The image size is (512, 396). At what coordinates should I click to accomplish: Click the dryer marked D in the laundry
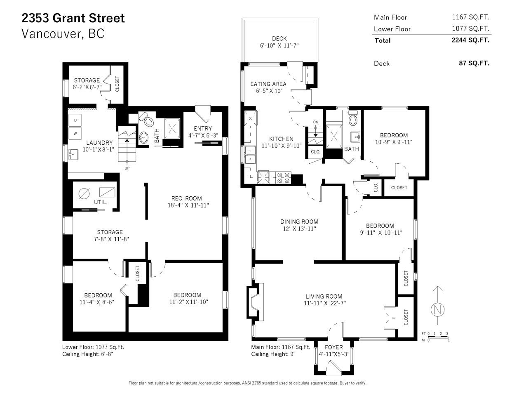click(x=75, y=120)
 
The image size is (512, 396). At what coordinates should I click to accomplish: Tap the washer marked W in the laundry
click(x=75, y=133)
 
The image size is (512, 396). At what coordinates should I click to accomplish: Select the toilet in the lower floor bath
click(x=146, y=119)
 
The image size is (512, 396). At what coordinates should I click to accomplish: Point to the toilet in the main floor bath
click(x=353, y=118)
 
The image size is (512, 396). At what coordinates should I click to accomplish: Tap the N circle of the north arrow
click(x=437, y=310)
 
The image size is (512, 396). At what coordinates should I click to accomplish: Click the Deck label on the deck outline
click(x=279, y=38)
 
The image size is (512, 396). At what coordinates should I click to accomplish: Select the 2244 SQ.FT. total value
click(x=470, y=40)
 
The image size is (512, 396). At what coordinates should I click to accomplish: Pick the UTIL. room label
click(x=101, y=202)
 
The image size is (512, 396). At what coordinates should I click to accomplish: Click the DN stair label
click(x=316, y=122)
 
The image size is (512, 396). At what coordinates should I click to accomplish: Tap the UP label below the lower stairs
click(x=127, y=168)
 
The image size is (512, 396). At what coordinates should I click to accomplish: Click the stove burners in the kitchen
click(x=283, y=178)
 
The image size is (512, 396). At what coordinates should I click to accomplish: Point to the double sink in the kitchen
click(x=250, y=155)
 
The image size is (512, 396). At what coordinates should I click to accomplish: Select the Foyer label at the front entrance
click(x=334, y=347)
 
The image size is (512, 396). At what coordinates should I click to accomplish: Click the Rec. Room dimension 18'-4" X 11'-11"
click(x=188, y=205)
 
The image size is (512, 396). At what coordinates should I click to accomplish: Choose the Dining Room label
click(x=299, y=222)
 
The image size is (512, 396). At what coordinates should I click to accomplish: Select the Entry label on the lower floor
click(x=203, y=128)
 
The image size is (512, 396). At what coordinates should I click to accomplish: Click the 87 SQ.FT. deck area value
click(x=474, y=63)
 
